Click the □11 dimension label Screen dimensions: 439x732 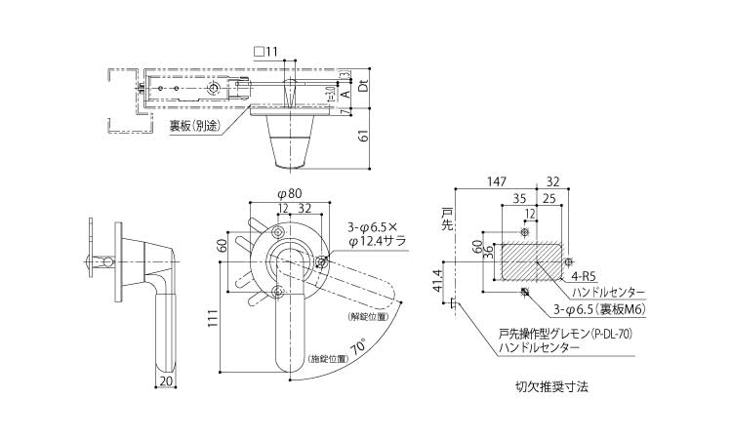click(264, 52)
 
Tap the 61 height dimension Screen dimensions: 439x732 click(364, 137)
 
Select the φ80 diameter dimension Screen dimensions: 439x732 click(288, 192)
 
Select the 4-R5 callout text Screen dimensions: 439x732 click(587, 277)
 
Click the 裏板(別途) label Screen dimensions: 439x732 click(195, 125)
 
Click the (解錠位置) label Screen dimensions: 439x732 click(367, 316)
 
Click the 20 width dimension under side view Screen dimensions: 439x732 click(166, 381)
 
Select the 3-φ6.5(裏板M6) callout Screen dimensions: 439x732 click(599, 309)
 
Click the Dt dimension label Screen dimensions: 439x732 click(363, 85)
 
